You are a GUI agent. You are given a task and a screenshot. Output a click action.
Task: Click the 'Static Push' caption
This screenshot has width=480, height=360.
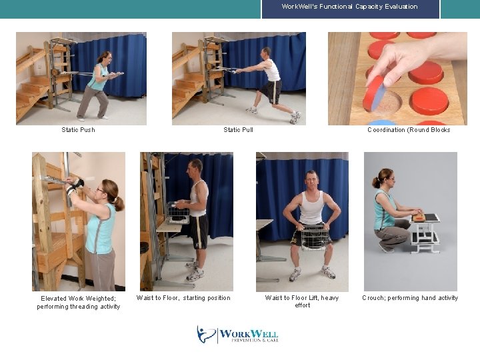tap(79, 130)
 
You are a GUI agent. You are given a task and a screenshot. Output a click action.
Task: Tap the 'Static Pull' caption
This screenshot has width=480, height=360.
tap(238, 130)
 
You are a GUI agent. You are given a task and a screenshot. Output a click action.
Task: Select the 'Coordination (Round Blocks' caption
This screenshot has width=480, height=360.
tap(409, 130)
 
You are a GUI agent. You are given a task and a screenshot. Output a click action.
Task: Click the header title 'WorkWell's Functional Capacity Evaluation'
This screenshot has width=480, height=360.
tap(349, 7)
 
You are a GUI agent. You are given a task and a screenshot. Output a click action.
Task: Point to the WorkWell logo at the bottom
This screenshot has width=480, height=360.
tap(237, 334)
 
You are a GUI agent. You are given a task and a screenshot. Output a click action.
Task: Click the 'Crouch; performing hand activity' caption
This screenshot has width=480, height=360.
tap(410, 298)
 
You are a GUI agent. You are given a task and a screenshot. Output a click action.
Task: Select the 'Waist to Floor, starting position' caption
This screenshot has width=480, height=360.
tap(183, 298)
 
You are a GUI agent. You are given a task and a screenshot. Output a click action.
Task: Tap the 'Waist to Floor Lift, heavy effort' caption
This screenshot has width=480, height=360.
tap(302, 301)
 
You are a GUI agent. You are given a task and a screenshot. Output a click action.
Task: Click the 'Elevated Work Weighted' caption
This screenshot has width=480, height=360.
tap(78, 299)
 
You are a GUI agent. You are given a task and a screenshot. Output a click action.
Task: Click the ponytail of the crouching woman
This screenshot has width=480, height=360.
tap(375, 182)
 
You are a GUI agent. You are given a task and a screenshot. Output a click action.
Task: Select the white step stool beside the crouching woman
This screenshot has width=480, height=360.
tap(425, 233)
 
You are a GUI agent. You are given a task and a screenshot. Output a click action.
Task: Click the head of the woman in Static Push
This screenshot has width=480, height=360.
tap(104, 58)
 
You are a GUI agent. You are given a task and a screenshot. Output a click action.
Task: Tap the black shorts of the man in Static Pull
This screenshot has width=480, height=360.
tap(271, 91)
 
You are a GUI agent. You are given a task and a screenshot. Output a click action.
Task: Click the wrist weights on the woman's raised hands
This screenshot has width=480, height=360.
tap(75, 186)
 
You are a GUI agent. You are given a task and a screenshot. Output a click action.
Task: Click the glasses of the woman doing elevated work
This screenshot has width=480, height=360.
tap(101, 190)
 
